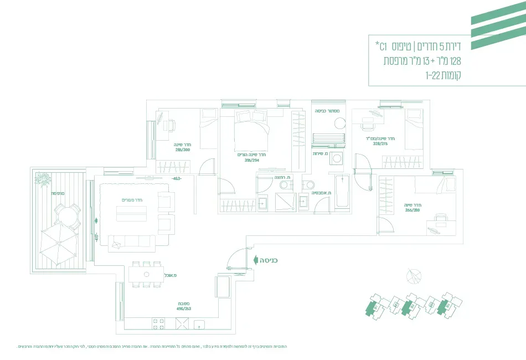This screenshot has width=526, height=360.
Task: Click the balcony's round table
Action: point(66,213)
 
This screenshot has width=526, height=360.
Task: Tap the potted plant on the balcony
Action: point(43,178)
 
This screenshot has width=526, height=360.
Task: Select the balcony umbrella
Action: point(58,245)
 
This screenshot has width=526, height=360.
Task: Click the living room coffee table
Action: point(131,213)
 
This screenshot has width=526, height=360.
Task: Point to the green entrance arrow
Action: point(255,259)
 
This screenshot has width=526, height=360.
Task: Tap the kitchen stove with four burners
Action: point(158,324)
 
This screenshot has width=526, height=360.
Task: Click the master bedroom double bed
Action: point(252,128)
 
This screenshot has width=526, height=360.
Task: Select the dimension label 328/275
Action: point(380,143)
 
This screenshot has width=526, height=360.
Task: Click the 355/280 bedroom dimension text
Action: point(412,209)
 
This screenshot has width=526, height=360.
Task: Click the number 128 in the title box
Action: point(455,61)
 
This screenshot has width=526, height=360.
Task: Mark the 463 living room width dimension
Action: point(177,179)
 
